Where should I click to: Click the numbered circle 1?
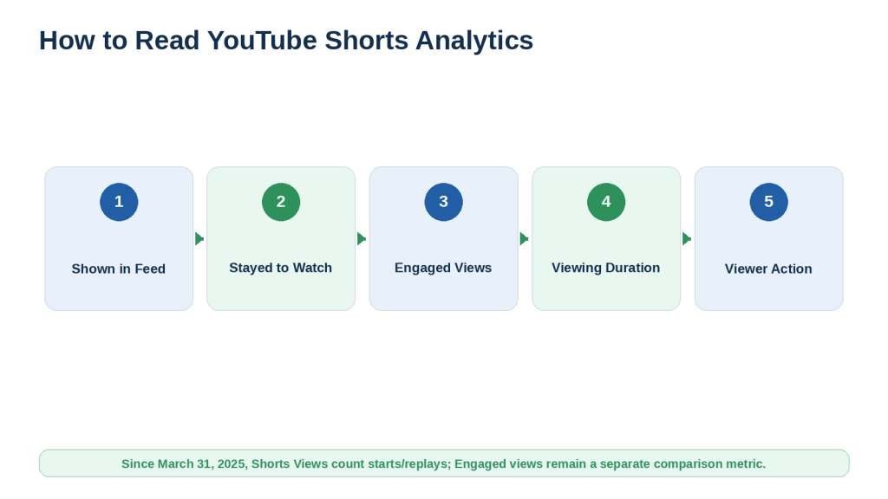119,202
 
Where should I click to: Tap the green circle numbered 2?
281,202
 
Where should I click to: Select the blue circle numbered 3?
443,202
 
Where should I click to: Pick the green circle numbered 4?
606,202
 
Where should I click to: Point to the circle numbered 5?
768,202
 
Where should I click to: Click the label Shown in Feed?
118,269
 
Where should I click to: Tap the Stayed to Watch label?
280,268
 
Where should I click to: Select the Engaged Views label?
443,268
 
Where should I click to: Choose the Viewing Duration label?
606,268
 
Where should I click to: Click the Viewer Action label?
768,269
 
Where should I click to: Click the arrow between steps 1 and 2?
199,239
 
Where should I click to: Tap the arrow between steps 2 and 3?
362,239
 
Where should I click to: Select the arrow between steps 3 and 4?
525,239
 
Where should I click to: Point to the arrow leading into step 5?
687,239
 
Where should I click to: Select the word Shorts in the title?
367,41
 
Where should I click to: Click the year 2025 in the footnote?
231,464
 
